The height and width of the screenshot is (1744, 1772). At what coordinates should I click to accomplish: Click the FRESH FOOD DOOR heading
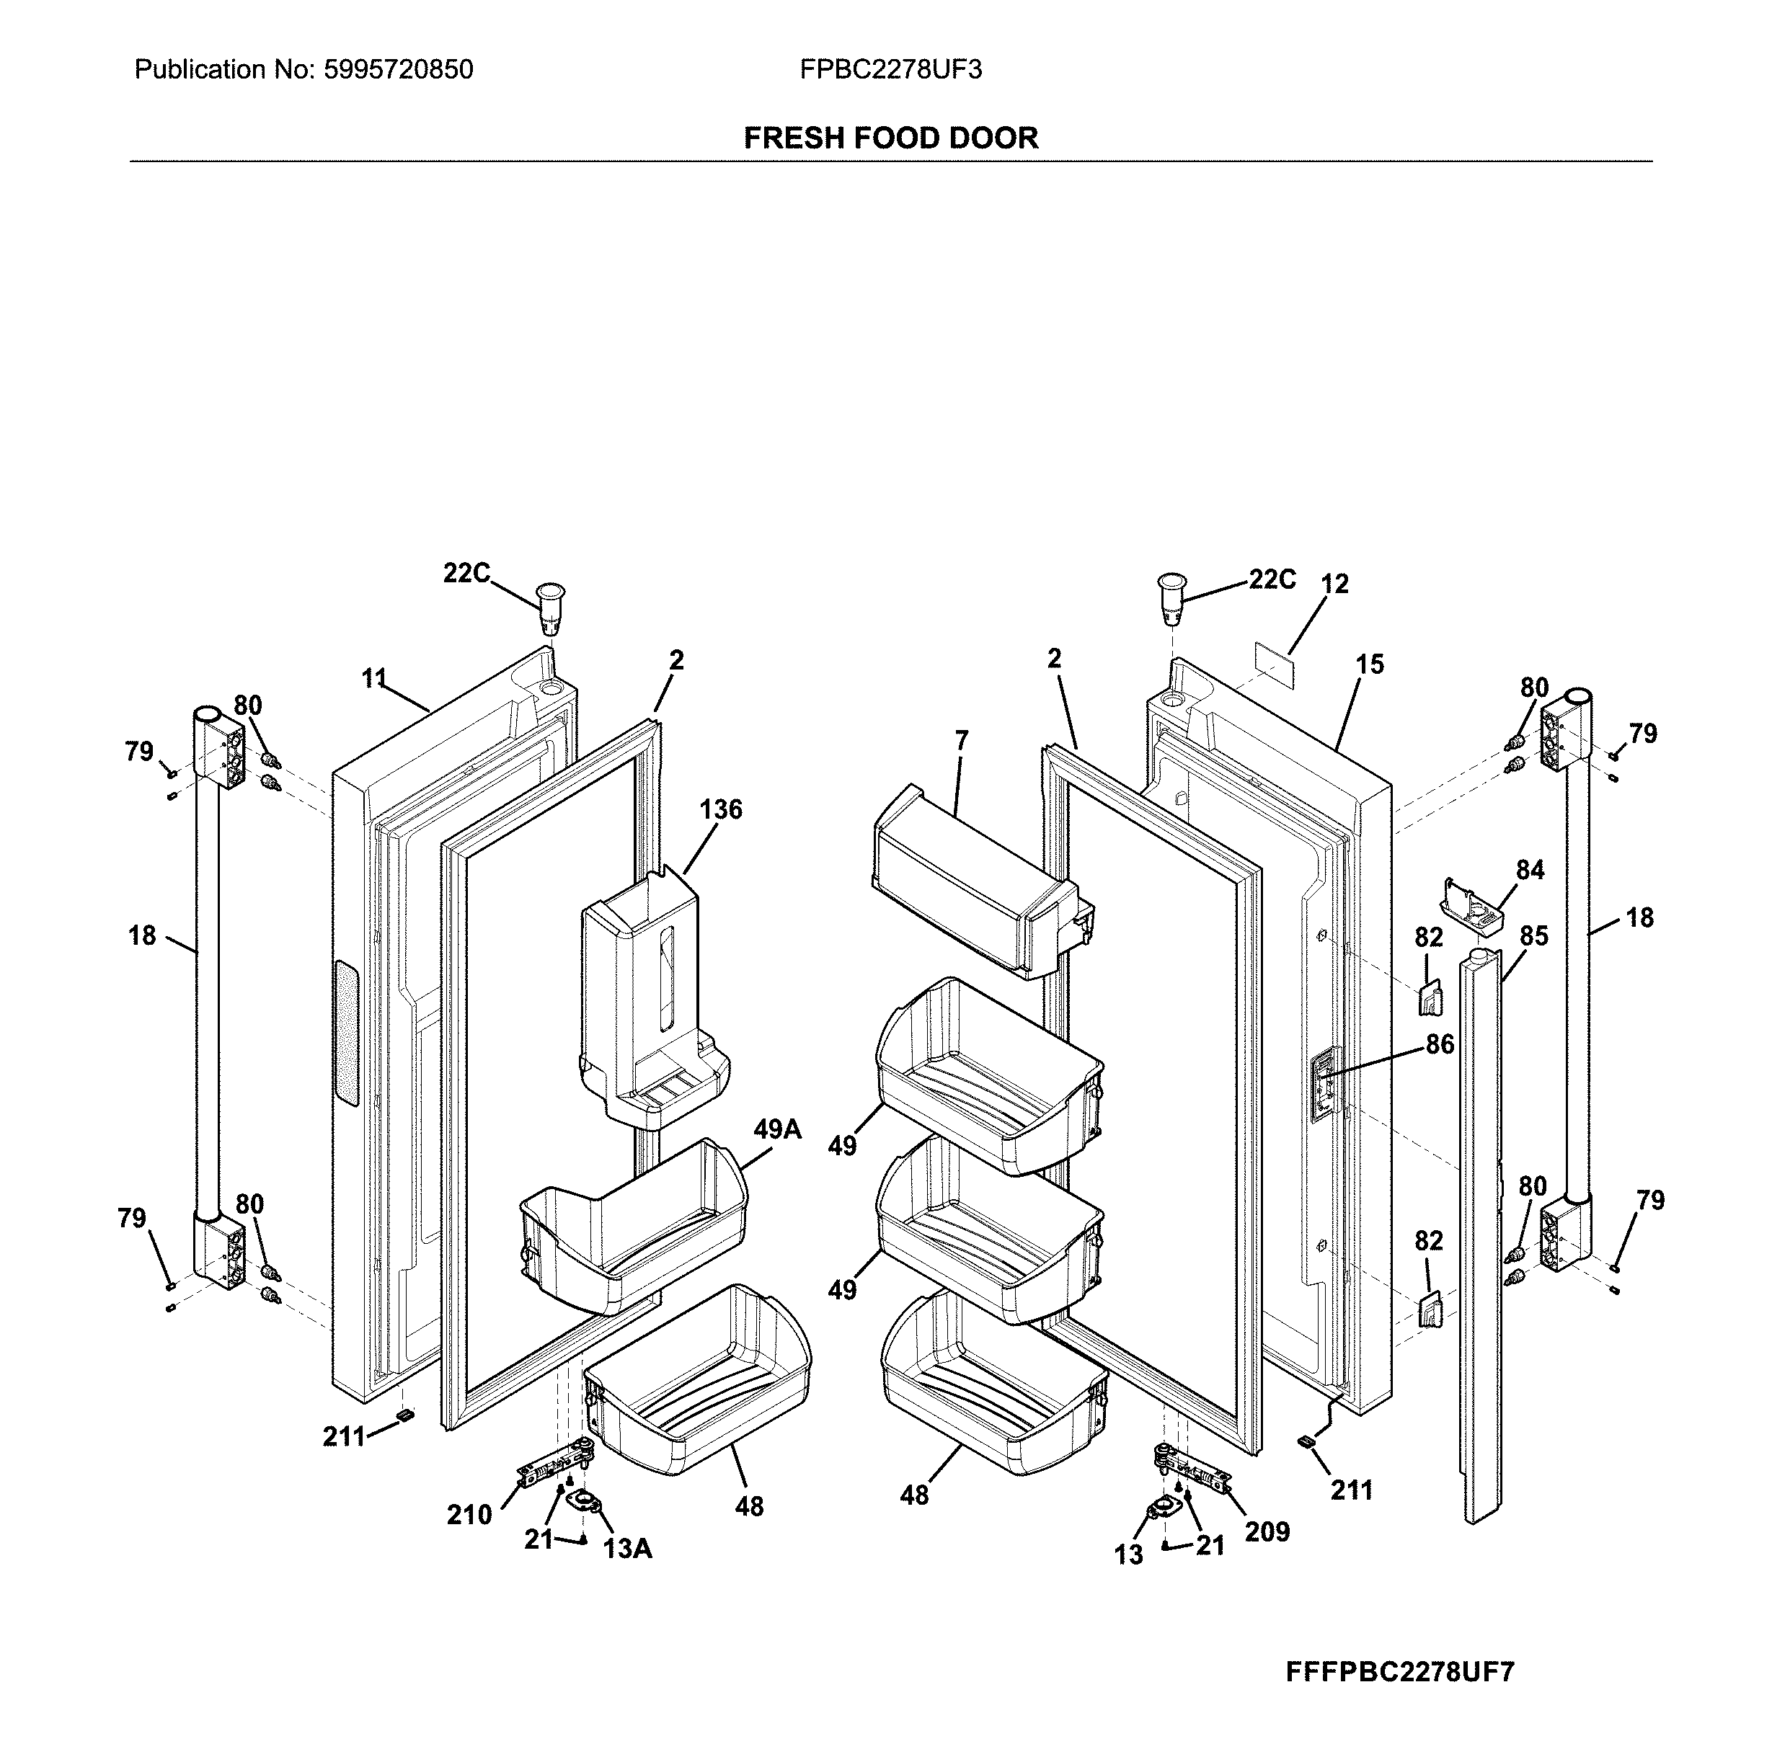click(x=890, y=138)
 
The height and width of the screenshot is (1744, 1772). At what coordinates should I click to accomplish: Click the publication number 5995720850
click(x=398, y=70)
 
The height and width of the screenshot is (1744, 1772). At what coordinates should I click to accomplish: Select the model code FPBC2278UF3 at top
click(x=890, y=70)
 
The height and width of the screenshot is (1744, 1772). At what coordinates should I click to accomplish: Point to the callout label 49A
click(x=777, y=1130)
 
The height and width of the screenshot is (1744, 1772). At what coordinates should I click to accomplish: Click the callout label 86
click(x=1440, y=1044)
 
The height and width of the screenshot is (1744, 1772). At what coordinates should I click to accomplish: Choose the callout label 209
click(x=1266, y=1531)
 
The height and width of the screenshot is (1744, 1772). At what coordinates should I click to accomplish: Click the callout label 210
click(x=469, y=1515)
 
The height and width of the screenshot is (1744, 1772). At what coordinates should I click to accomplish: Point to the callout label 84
click(x=1529, y=869)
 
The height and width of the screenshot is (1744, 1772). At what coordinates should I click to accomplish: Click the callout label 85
click(x=1534, y=935)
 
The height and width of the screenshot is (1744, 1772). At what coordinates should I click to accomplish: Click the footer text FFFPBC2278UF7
click(x=1400, y=1672)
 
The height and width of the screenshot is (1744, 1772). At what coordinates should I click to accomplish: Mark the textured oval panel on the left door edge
click(x=346, y=1032)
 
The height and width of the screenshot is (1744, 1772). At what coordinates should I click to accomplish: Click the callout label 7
click(x=960, y=740)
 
